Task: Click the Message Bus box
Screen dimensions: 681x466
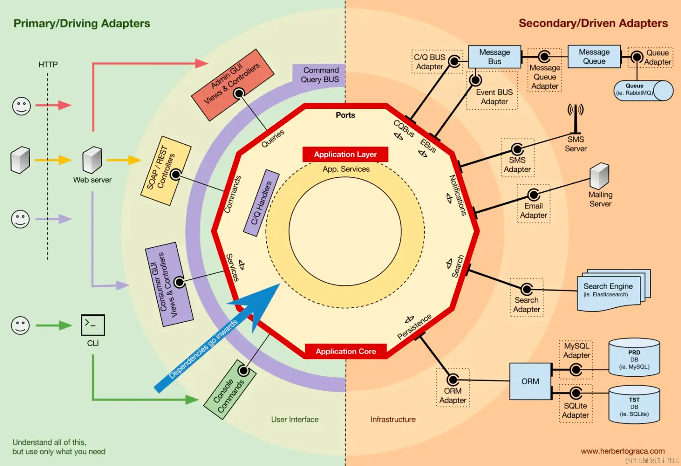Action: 495,57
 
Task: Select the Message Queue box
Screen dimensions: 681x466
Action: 594,57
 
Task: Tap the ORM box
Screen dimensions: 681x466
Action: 530,381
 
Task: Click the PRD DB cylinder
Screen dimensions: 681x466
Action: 634,357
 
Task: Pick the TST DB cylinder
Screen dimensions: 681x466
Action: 634,405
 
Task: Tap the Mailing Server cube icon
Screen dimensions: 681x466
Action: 600,176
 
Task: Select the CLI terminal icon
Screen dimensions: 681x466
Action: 93,325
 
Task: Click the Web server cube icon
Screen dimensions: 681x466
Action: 92,160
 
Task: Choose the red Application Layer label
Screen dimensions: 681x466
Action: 345,154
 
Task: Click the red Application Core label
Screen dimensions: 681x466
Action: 346,351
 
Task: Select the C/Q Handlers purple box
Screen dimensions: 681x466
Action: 262,203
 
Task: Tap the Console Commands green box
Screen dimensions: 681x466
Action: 229,390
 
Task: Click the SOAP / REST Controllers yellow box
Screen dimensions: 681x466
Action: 166,171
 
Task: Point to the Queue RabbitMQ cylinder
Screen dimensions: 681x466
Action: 644,91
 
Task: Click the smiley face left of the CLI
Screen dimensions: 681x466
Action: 20,325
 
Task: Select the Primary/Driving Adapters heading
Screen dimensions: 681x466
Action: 82,23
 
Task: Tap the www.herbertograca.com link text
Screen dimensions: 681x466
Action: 623,451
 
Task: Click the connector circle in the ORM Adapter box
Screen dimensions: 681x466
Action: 453,379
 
